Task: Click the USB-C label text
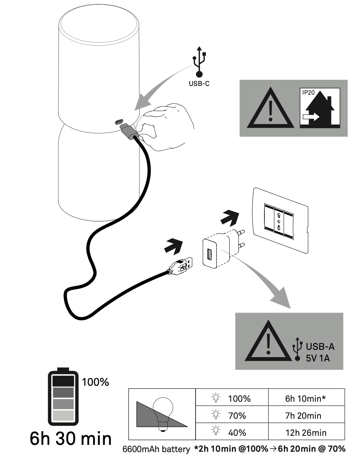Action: tap(199, 84)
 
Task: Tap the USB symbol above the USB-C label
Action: tap(199, 62)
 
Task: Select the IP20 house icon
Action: tap(320, 108)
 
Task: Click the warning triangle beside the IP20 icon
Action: tap(270, 108)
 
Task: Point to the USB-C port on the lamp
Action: tap(119, 121)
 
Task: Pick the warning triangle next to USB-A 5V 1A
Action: tap(268, 342)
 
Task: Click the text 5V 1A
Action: tap(318, 358)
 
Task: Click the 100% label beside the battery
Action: tap(96, 382)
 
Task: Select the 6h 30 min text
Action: tap(71, 438)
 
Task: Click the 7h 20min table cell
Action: tap(304, 415)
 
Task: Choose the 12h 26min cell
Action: tap(306, 433)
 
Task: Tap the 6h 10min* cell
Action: tap(306, 398)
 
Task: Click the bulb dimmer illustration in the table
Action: tap(162, 414)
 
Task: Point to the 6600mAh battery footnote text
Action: tap(156, 450)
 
